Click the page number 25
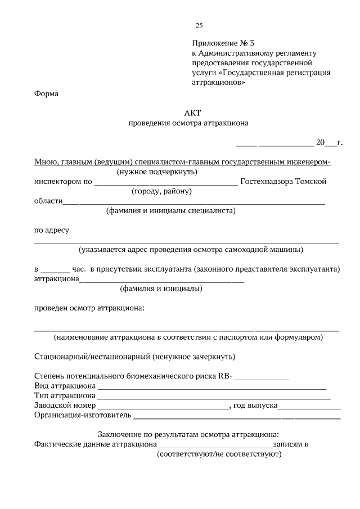point(199,25)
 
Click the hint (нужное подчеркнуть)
point(157,172)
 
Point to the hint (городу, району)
point(163,191)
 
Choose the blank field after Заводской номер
point(164,406)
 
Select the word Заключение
point(117,434)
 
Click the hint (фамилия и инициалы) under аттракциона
point(161,289)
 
